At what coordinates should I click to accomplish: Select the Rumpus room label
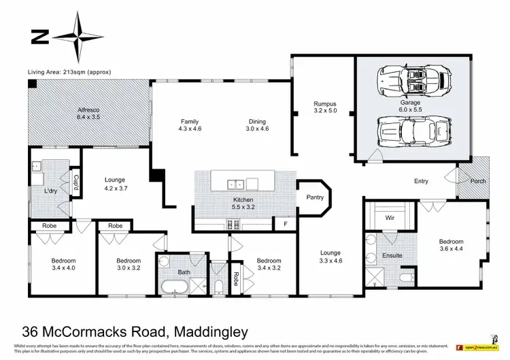click(325, 104)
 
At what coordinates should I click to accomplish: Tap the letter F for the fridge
click(284, 223)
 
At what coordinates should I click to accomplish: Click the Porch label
click(478, 182)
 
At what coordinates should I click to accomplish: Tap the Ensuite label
click(392, 256)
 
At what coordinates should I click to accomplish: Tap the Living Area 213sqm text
click(69, 71)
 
